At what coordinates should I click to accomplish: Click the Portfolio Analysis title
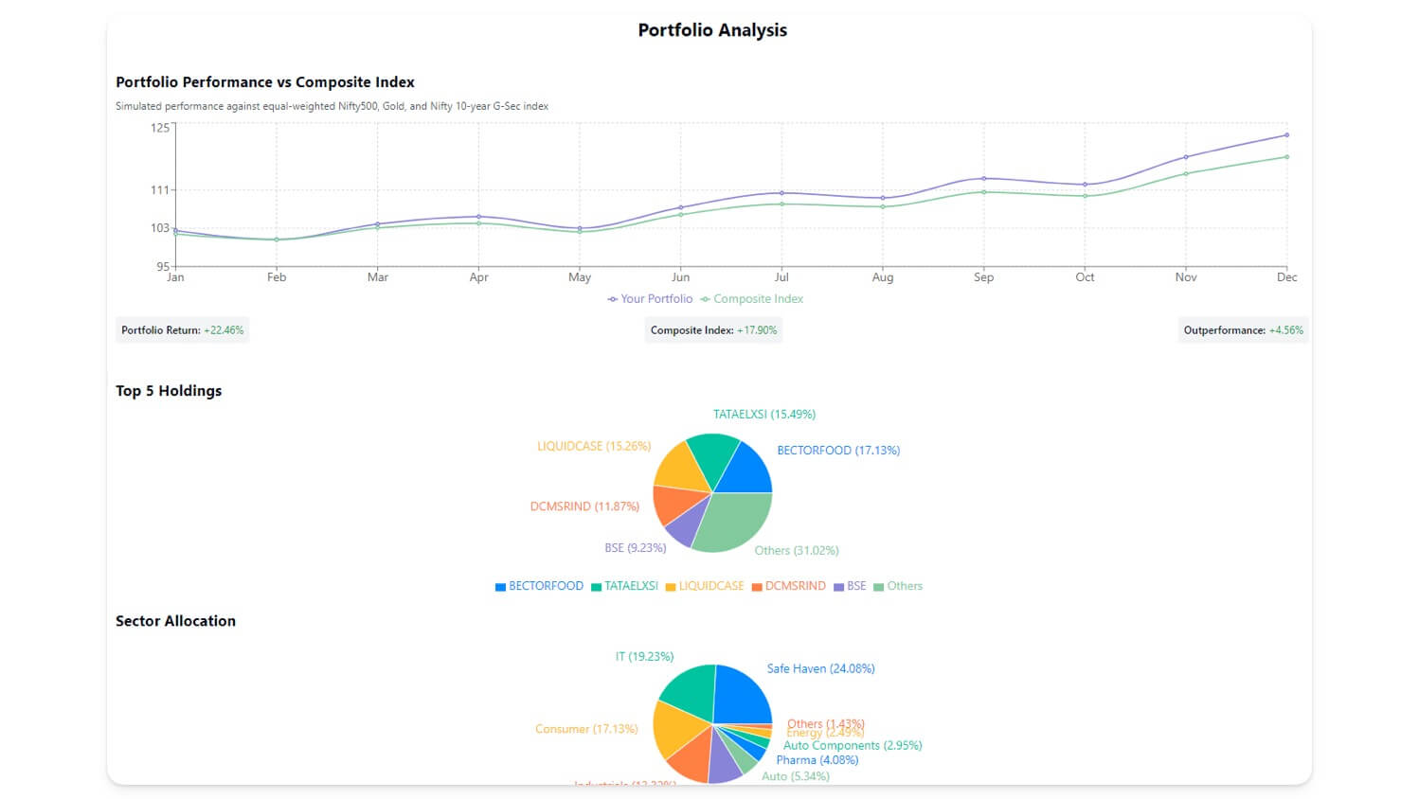pos(712,30)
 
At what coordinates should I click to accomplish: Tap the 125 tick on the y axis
pos(159,128)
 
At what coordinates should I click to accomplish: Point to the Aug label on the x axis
pos(882,277)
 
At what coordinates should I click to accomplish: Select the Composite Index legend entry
pos(752,299)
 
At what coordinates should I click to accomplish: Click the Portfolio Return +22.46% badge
pos(182,330)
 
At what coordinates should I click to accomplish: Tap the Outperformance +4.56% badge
pos(1243,330)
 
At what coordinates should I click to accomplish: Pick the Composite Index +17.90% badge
pos(713,330)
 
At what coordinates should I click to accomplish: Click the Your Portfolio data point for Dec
pos(1286,135)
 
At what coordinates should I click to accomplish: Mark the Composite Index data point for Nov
pos(1186,173)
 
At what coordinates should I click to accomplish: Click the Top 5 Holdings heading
pos(169,391)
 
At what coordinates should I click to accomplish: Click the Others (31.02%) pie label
pos(796,551)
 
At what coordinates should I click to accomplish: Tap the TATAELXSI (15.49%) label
pos(763,415)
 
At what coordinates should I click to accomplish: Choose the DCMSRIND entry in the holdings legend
pos(788,587)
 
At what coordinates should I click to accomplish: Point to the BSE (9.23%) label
pos(635,548)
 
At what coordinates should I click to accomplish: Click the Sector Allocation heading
pos(175,621)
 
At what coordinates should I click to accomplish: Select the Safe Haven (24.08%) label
pos(820,669)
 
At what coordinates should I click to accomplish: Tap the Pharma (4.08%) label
pos(817,760)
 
